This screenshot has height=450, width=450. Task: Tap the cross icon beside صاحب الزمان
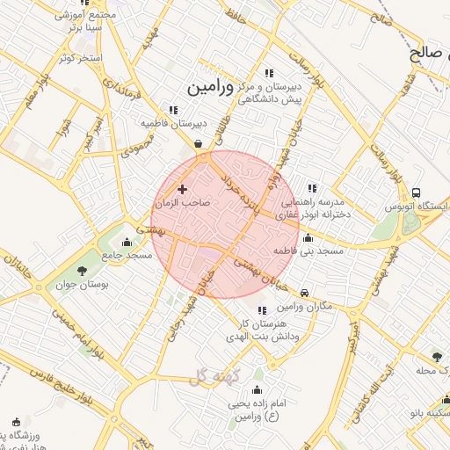click(x=182, y=189)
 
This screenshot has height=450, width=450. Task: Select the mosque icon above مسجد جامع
click(x=127, y=242)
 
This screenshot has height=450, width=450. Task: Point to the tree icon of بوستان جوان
click(x=83, y=271)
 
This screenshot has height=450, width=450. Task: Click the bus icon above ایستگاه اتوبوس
click(x=416, y=192)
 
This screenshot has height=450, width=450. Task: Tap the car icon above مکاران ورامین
click(x=304, y=293)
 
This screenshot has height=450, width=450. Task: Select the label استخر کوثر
click(x=80, y=58)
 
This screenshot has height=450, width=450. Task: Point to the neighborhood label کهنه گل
click(x=207, y=376)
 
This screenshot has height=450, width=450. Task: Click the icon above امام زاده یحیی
click(x=257, y=389)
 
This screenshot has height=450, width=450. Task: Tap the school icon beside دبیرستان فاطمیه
click(x=174, y=110)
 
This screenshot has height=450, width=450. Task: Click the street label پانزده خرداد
click(x=237, y=192)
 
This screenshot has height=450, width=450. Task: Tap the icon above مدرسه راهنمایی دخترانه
click(x=311, y=187)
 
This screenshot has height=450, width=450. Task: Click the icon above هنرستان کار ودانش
click(x=261, y=310)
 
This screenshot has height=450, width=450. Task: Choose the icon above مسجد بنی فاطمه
click(x=308, y=237)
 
